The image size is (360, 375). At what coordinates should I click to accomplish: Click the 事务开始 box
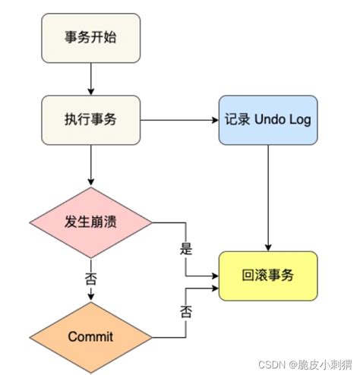tap(90, 36)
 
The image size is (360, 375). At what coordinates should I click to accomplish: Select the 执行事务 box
tap(90, 119)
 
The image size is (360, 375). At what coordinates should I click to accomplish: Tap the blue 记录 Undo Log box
tap(268, 119)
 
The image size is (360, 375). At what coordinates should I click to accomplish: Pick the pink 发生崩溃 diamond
tap(90, 222)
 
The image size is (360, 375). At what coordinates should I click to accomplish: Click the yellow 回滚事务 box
tap(268, 275)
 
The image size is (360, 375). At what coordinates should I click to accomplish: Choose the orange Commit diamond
tap(90, 334)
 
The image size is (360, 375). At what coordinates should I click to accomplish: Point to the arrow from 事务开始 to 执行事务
tap(90, 77)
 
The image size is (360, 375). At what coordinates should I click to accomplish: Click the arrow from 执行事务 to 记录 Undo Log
tap(178, 119)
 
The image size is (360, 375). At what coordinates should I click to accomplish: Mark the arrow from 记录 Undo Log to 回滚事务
tap(268, 197)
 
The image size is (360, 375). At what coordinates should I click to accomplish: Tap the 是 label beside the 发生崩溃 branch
tap(185, 248)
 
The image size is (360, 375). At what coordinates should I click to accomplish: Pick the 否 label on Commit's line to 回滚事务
tap(185, 311)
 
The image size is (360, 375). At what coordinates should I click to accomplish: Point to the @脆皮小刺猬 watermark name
tap(315, 364)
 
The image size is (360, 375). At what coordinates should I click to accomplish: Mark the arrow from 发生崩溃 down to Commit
tap(90, 292)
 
